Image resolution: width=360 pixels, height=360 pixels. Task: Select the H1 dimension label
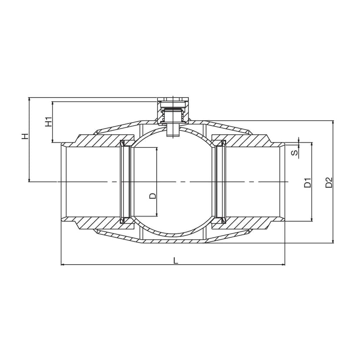coord(48,122)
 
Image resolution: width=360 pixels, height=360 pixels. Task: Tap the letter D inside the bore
coord(153,196)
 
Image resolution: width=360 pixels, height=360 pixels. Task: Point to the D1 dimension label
coord(307,183)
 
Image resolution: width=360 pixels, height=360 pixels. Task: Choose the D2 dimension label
coord(329,183)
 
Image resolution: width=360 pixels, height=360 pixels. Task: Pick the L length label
coord(176,260)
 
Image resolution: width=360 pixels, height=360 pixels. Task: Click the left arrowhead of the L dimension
coord(63,265)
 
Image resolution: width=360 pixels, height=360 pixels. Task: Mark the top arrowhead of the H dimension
coord(29,100)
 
